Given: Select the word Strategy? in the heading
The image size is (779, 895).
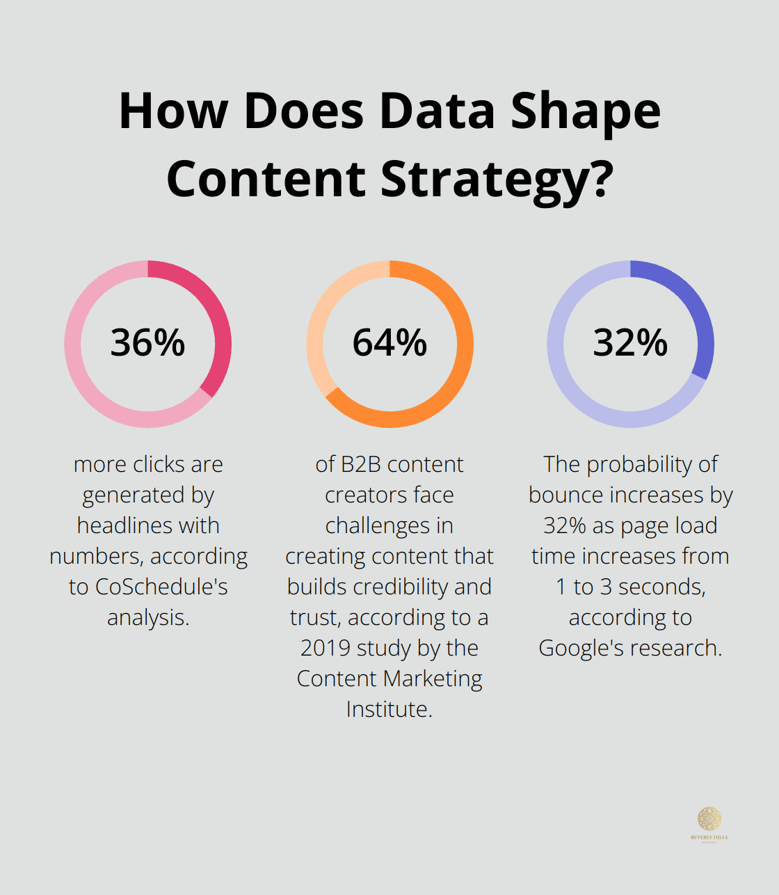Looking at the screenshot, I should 497,180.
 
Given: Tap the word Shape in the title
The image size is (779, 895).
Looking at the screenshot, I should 586,111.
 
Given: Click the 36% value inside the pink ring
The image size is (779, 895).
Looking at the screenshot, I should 147,343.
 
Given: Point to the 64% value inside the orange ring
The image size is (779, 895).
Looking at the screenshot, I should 389,343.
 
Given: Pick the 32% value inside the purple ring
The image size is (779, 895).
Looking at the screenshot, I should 630,343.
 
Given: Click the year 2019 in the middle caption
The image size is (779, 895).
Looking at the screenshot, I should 324,648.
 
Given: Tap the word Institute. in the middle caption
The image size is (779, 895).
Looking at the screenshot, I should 389,709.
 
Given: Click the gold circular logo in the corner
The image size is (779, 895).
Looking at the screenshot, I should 709,819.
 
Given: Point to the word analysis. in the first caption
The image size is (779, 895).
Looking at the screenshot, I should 148,617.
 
